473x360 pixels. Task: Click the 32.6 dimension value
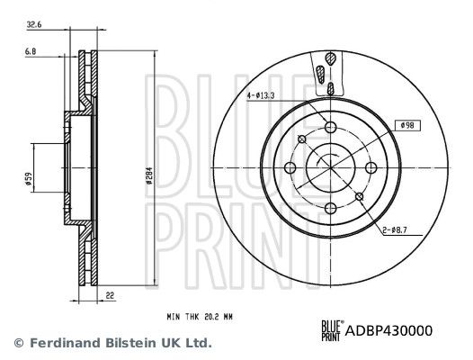pos(34,25)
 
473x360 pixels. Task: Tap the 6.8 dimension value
pos(31,52)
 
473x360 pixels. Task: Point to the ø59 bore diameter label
pos(29,178)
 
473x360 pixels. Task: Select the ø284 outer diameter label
pos(148,175)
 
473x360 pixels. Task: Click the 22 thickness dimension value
pos(111,295)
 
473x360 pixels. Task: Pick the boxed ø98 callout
pos(407,125)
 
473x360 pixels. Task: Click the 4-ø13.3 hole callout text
pos(261,95)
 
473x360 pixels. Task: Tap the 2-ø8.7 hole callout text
pos(395,230)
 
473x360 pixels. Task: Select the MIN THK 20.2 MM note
pos(200,317)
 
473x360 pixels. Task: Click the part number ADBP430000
pos(388,330)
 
